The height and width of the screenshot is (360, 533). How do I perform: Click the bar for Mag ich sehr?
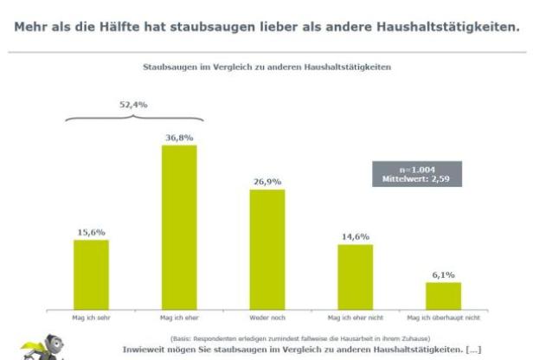coord(91,273)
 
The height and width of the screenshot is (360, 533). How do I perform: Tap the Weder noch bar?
coord(267,247)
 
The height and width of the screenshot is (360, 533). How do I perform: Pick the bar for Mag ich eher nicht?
coord(355,275)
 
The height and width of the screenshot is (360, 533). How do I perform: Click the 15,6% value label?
coord(91,232)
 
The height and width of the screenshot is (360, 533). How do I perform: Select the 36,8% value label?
coord(179,137)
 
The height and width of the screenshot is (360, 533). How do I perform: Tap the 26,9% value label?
coord(267,182)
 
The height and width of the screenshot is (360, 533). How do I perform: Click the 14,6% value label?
coord(355,236)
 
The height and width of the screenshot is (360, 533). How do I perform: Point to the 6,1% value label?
coord(443,274)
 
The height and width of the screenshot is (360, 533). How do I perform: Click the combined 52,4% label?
coord(133,105)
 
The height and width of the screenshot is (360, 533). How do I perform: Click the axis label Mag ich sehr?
coord(91,317)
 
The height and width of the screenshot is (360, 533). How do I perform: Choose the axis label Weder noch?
coord(267,317)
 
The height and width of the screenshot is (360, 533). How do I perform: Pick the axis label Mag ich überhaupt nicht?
coord(443,317)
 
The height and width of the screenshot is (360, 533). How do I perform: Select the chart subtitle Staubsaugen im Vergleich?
coord(266,65)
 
